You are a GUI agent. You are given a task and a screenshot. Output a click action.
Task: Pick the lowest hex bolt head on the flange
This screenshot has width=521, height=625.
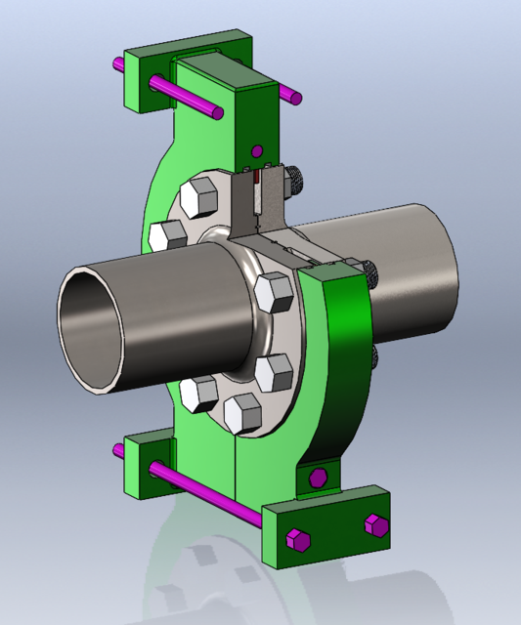[241, 412]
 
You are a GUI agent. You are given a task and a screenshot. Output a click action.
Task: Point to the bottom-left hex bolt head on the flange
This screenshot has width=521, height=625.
[199, 394]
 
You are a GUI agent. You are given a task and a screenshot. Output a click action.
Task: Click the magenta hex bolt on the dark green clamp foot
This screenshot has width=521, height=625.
[317, 477]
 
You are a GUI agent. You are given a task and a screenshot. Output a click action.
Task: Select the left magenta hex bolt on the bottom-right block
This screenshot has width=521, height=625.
[296, 539]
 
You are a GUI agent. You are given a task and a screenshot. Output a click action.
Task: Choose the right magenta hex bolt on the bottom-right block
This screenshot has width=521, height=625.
[373, 524]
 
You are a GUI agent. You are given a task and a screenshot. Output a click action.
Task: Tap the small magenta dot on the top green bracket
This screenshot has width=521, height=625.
[257, 151]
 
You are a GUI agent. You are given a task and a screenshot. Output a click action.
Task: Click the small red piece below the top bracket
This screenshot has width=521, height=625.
[257, 180]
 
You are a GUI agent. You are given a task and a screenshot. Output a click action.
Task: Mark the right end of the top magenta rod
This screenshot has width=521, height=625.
[292, 96]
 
